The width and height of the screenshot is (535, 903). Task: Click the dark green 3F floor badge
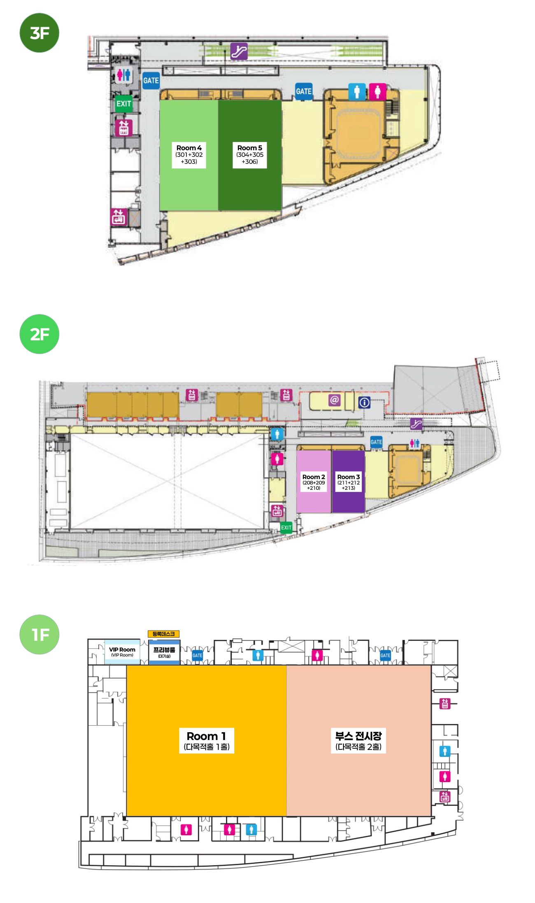(x=40, y=33)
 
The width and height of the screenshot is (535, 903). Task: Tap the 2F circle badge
(x=40, y=334)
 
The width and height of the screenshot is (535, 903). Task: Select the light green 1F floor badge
(x=40, y=634)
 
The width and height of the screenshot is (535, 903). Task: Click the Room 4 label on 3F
(x=189, y=154)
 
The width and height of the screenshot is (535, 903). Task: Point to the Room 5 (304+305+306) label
(x=250, y=154)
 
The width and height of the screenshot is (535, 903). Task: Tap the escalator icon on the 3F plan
(x=239, y=51)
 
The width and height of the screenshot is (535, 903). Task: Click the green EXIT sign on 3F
(x=124, y=104)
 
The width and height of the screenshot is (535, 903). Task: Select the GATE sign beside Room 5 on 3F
(x=304, y=91)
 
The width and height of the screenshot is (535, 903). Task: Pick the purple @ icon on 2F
(x=335, y=400)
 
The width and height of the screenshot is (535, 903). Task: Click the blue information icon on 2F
(x=364, y=403)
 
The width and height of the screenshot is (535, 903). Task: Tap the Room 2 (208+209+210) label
(x=314, y=482)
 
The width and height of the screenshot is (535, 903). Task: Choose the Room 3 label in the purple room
(x=349, y=482)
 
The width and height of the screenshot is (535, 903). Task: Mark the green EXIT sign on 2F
(x=286, y=527)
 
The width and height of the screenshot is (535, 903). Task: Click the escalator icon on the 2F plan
(x=416, y=424)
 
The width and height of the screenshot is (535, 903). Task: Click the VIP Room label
(x=122, y=652)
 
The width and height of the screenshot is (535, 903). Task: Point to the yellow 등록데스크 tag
(x=164, y=634)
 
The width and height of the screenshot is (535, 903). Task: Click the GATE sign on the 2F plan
(x=376, y=442)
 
